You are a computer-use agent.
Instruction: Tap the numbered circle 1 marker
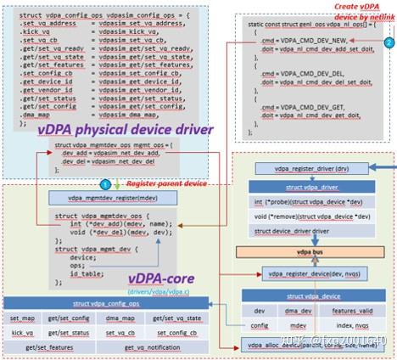[x=105, y=183]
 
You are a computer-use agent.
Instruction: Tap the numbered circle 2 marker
[x=388, y=40]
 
